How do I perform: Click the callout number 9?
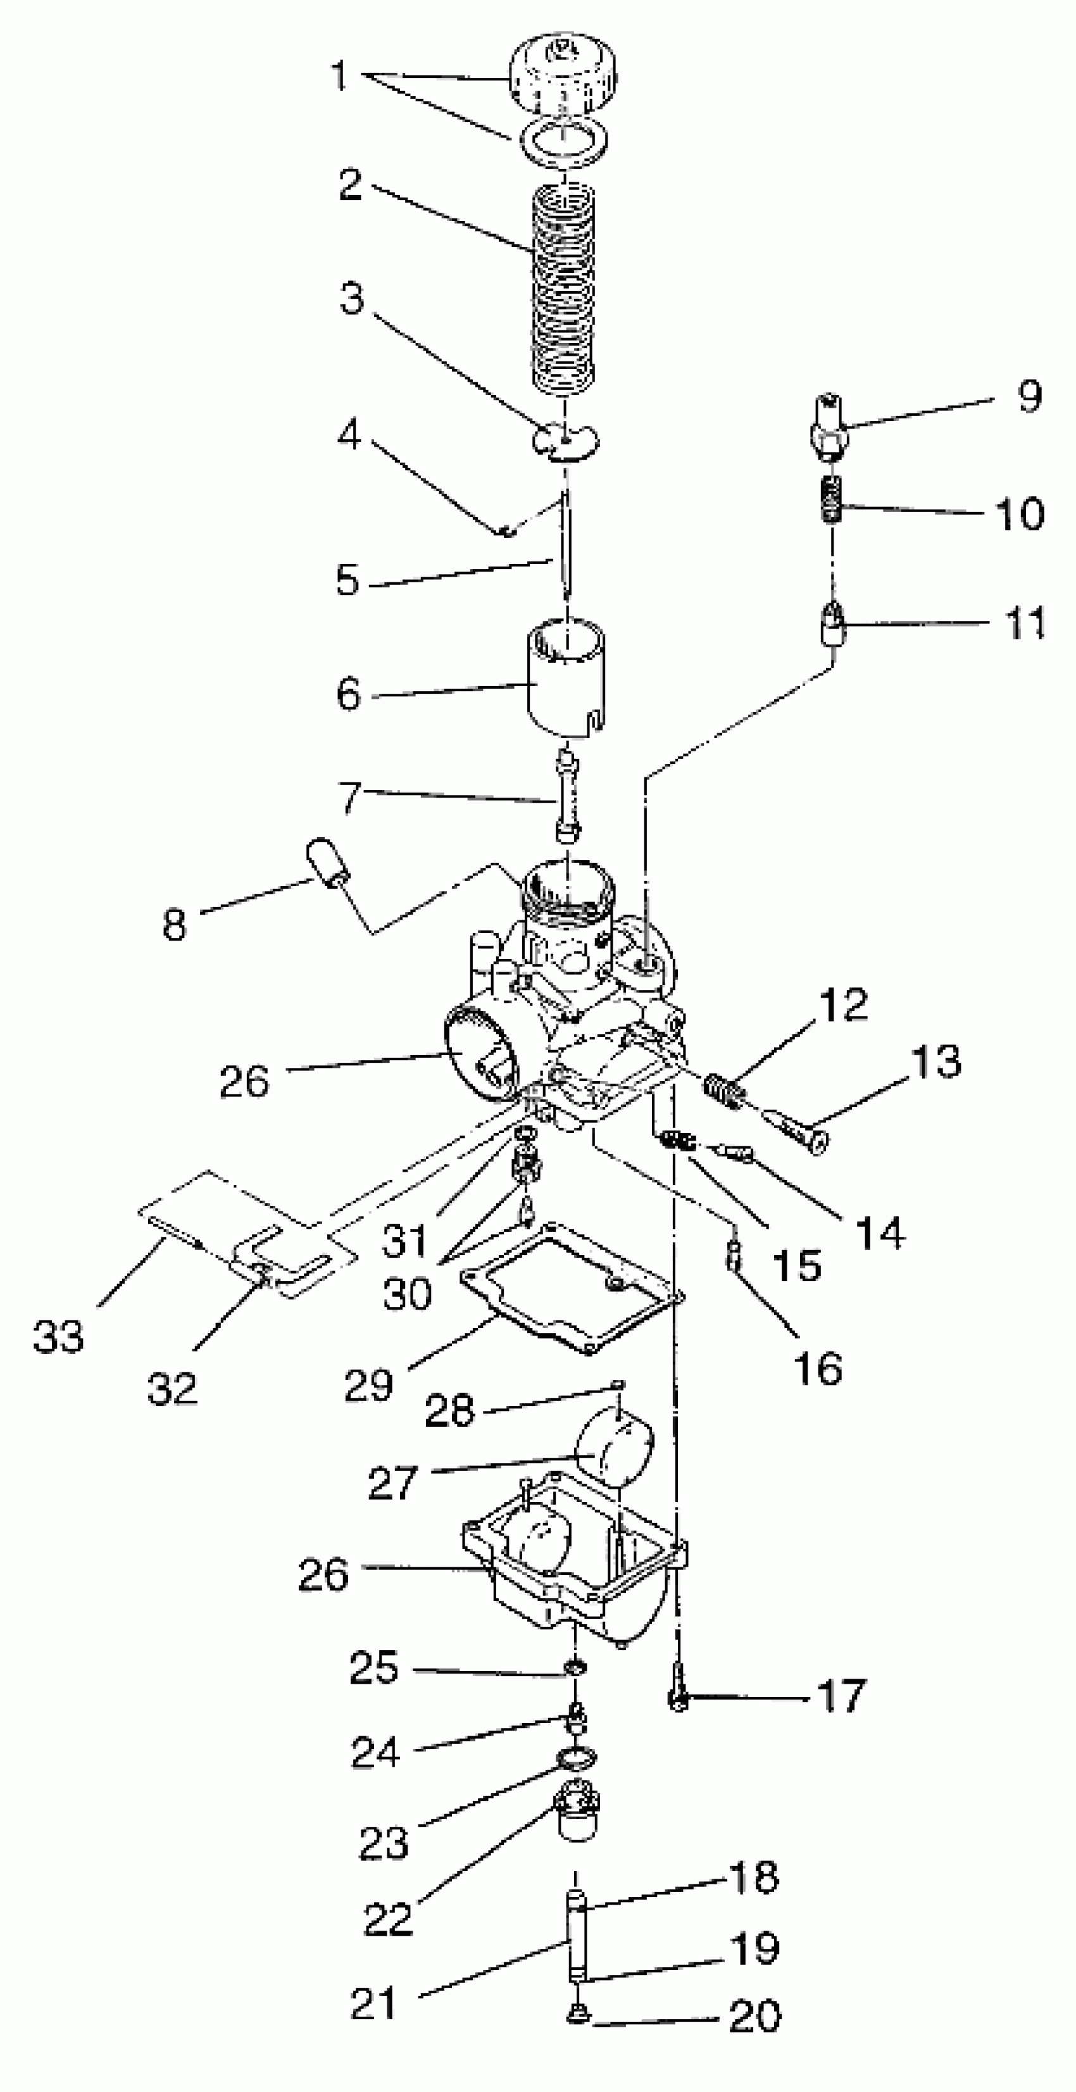coord(1029,397)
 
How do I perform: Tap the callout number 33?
coord(58,1336)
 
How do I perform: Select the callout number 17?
coord(842,1696)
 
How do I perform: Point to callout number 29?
coord(368,1386)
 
